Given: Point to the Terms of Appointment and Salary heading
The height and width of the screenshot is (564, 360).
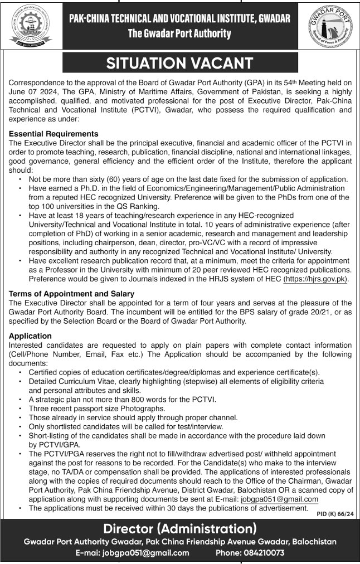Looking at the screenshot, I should (72, 293).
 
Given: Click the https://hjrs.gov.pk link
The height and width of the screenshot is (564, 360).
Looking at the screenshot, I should (317, 280).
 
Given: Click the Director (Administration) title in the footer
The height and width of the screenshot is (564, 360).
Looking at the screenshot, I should (180, 527).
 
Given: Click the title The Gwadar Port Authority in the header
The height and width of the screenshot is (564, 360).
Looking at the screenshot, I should (179, 33).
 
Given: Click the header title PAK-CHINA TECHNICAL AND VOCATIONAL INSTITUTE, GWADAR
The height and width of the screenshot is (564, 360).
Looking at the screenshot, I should (179, 19).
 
